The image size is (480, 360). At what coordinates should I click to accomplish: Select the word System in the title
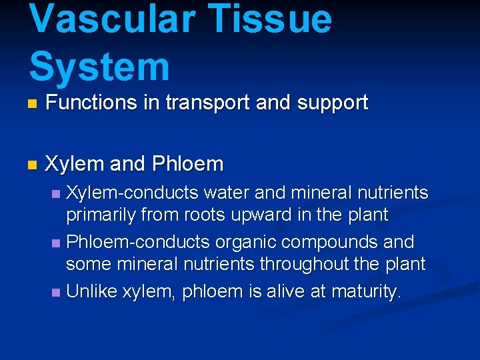point(99,67)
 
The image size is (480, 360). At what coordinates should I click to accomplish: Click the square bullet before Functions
point(31,105)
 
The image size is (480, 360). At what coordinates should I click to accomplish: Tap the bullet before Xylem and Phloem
point(31,165)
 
